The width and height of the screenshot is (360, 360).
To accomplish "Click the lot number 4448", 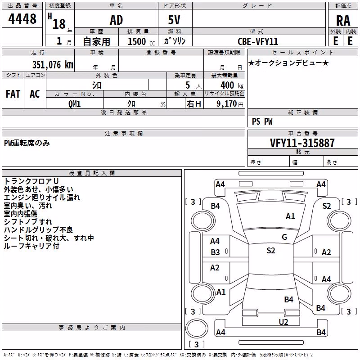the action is click(22, 18).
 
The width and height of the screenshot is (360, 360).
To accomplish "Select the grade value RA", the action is click(343, 21).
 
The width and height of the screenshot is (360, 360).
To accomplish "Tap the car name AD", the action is click(117, 20).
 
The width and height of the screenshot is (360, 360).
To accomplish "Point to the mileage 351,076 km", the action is click(53, 64).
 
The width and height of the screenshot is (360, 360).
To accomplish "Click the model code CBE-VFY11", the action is click(258, 41).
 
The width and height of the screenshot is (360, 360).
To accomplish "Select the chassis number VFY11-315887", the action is click(302, 143).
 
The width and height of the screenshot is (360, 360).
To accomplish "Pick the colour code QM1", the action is click(74, 104).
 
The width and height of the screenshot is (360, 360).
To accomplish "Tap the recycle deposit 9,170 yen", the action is click(230, 104).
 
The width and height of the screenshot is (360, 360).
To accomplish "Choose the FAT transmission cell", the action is click(13, 94).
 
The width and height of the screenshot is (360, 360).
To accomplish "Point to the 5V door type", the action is click(174, 20).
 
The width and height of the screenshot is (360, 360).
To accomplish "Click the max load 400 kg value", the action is click(232, 85).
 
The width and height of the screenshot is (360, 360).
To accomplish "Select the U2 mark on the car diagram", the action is click(283, 322).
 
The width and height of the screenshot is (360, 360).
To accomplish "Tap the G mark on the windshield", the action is click(284, 237).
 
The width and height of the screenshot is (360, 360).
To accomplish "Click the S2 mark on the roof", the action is click(271, 250).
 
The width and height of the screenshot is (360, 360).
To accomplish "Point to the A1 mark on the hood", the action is click(290, 216).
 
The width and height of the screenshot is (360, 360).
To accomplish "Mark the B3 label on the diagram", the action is click(215, 252).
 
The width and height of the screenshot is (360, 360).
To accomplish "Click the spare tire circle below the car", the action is click(197, 328).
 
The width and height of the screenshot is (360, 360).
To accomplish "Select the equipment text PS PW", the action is click(262, 121).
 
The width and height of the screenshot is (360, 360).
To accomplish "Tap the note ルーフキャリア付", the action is click(31, 246).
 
